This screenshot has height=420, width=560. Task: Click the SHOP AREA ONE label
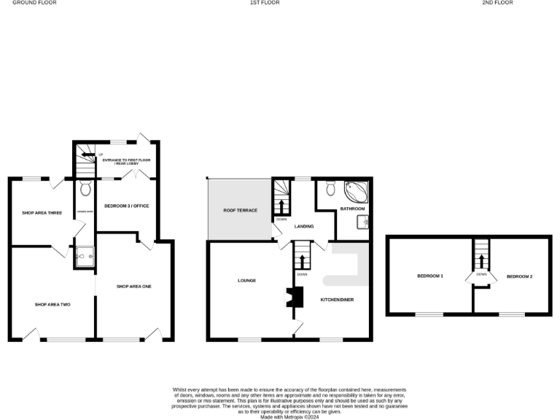pyautogui.click(x=134, y=287)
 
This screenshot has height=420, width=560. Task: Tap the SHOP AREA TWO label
pyautogui.click(x=52, y=304)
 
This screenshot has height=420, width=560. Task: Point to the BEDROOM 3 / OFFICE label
pyautogui.click(x=127, y=206)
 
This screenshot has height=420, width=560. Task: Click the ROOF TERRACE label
pyautogui.click(x=241, y=211)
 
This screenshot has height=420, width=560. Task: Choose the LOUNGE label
pyautogui.click(x=246, y=281)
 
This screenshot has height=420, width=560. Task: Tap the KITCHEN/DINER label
pyautogui.click(x=338, y=299)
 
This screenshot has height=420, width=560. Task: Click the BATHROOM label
pyautogui.click(x=352, y=209)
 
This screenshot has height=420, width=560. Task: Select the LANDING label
pyautogui.click(x=304, y=227)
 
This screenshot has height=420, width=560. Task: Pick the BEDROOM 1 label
pyautogui.click(x=430, y=276)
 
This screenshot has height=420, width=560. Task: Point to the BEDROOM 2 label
pyautogui.click(x=520, y=276)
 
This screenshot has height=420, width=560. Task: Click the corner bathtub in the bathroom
pyautogui.click(x=357, y=192)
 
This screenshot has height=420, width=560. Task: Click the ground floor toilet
pyautogui.click(x=85, y=190)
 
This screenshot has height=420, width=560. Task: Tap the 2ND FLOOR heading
pyautogui.click(x=497, y=3)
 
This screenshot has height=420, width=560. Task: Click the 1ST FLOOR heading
pyautogui.click(x=265, y=3)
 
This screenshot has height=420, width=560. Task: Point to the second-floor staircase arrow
pyautogui.click(x=481, y=257)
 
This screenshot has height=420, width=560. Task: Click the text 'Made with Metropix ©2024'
pyautogui.click(x=289, y=417)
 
